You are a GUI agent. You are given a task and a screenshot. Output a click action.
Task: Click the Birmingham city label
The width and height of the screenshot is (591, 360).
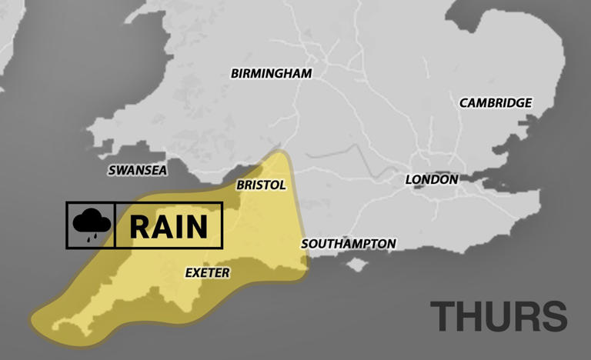[271, 74]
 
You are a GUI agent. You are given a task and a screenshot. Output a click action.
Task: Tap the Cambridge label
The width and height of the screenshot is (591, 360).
[496, 102]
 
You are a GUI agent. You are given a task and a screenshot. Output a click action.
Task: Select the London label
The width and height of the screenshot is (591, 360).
[432, 179]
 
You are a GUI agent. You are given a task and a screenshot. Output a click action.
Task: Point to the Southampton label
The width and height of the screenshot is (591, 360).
[349, 244]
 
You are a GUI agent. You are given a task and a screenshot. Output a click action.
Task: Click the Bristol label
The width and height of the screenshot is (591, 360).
[261, 185]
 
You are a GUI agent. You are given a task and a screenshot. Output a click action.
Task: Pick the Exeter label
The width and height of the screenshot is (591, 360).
[208, 272]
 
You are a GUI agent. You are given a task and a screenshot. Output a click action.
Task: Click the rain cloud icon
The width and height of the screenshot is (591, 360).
[91, 223]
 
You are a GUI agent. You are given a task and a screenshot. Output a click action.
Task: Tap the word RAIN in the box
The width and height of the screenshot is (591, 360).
[169, 226]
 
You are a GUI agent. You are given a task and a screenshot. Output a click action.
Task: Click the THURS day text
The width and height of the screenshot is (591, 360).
[498, 317]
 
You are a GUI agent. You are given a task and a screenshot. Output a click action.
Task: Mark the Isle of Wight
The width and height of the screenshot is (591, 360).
[355, 265]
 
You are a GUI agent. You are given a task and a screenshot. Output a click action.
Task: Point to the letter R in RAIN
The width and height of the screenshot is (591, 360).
[139, 226]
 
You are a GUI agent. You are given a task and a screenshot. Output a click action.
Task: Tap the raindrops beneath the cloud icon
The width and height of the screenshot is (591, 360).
[92, 237]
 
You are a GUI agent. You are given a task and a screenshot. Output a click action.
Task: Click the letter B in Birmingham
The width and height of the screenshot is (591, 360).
[235, 74]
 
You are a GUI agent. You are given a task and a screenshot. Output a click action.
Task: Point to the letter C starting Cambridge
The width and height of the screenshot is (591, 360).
[464, 103]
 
